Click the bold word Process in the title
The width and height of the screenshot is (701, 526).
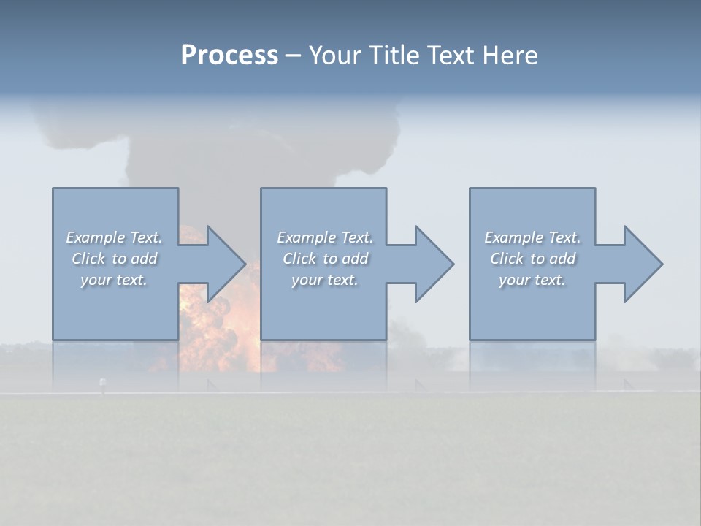pyautogui.click(x=229, y=56)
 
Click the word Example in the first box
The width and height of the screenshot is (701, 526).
pyautogui.click(x=95, y=237)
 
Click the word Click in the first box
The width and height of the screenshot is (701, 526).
pyautogui.click(x=88, y=259)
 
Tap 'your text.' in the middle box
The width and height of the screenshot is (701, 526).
pyautogui.click(x=325, y=280)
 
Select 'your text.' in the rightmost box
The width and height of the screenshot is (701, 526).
pyautogui.click(x=532, y=280)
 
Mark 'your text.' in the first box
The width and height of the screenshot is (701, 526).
pyautogui.click(x=114, y=280)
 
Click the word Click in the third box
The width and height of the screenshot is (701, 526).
pyautogui.click(x=507, y=259)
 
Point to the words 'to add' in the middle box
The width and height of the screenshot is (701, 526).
pyautogui.click(x=345, y=259)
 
